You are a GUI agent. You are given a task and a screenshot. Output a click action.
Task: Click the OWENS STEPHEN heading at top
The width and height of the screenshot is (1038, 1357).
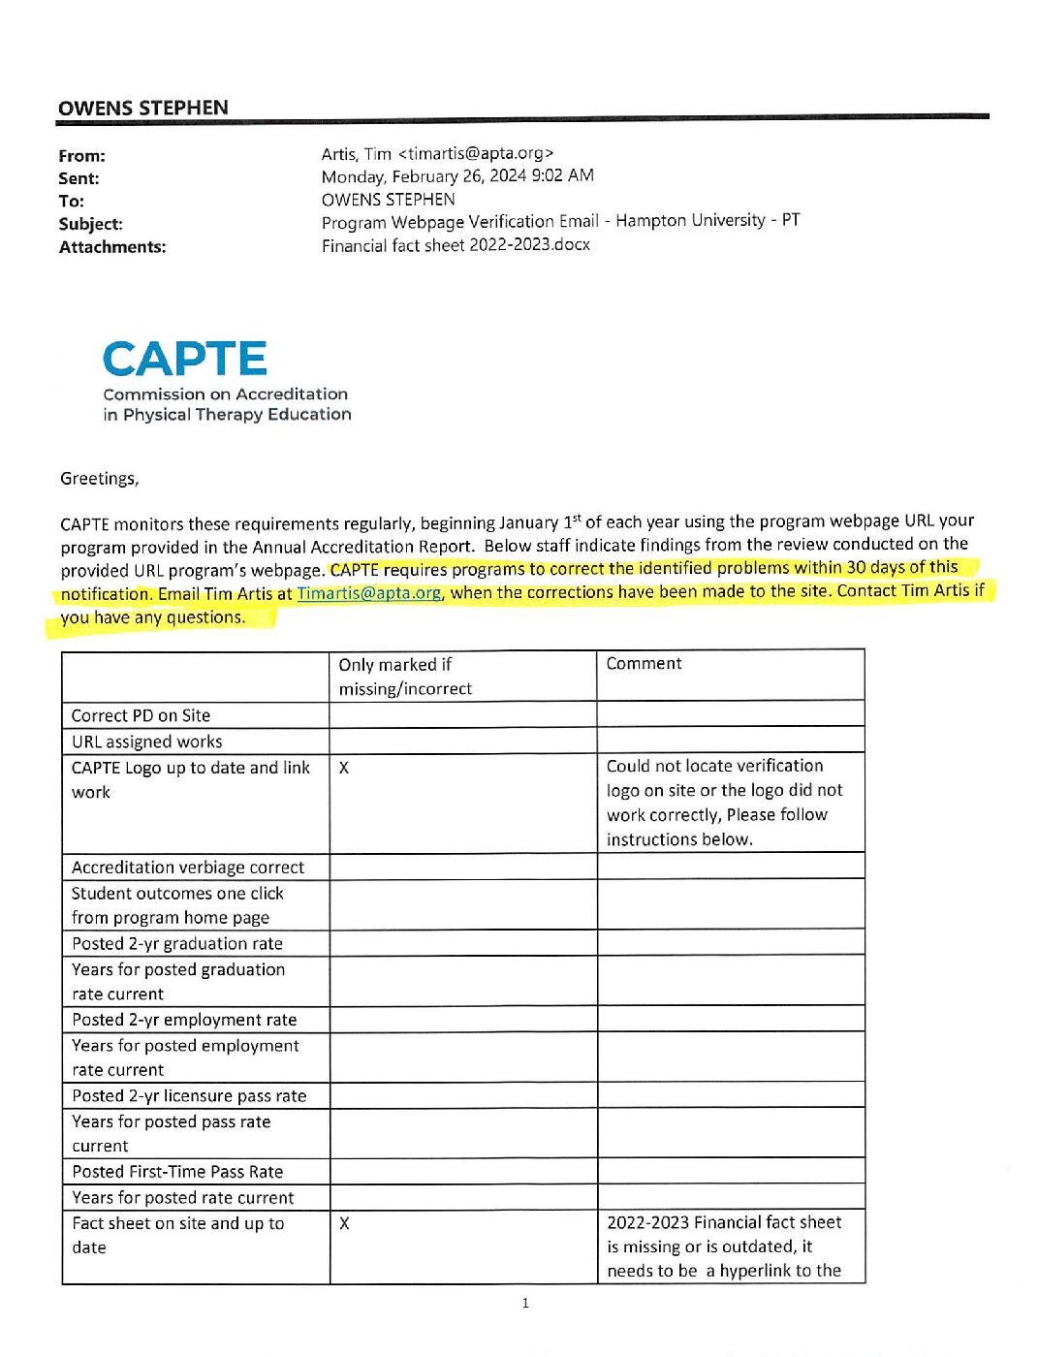pyautogui.click(x=143, y=108)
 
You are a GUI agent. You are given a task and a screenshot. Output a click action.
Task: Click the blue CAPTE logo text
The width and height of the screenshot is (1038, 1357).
pyautogui.click(x=184, y=360)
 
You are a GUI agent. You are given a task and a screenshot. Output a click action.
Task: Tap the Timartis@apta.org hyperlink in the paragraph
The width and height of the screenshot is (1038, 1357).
pyautogui.click(x=368, y=593)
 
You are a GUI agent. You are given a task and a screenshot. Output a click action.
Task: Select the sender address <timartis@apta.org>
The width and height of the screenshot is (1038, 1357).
pyautogui.click(x=475, y=153)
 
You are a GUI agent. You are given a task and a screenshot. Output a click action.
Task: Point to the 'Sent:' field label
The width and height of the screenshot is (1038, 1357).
pyautogui.click(x=79, y=178)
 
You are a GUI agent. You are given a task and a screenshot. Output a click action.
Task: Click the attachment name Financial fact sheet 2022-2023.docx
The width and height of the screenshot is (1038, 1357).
pyautogui.click(x=456, y=245)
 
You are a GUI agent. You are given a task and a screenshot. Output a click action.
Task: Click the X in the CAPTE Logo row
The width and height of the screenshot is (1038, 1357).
pyautogui.click(x=344, y=768)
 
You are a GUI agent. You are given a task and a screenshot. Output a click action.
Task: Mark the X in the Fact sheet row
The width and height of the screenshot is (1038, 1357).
pyautogui.click(x=344, y=1223)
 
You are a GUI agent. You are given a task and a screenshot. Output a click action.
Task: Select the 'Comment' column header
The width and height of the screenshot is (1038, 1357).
pyautogui.click(x=644, y=664)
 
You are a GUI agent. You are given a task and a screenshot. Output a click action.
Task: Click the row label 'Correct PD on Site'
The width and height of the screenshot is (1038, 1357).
pyautogui.click(x=141, y=715)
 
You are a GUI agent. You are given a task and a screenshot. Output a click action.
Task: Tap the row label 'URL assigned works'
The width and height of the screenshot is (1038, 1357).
pyautogui.click(x=146, y=742)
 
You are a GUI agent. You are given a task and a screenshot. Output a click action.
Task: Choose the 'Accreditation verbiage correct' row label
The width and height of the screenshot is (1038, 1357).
pyautogui.click(x=188, y=867)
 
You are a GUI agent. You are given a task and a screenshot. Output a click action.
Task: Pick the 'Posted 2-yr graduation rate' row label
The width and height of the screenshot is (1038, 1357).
pyautogui.click(x=177, y=943)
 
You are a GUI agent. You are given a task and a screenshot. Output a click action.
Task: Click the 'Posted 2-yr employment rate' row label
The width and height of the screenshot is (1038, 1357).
pyautogui.click(x=184, y=1020)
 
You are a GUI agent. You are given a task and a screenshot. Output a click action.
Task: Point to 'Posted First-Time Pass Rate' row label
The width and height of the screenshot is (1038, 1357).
pyautogui.click(x=177, y=1172)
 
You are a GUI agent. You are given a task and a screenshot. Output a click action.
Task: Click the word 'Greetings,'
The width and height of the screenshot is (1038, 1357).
pyautogui.click(x=99, y=478)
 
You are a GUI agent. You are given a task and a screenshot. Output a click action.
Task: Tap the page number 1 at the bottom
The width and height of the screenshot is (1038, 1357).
pyautogui.click(x=525, y=1304)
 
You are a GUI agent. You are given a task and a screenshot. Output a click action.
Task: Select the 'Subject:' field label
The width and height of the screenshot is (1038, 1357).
pyautogui.click(x=90, y=224)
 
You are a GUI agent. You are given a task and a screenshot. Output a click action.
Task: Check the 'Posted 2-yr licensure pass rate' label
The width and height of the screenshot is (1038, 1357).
pyautogui.click(x=189, y=1095)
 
